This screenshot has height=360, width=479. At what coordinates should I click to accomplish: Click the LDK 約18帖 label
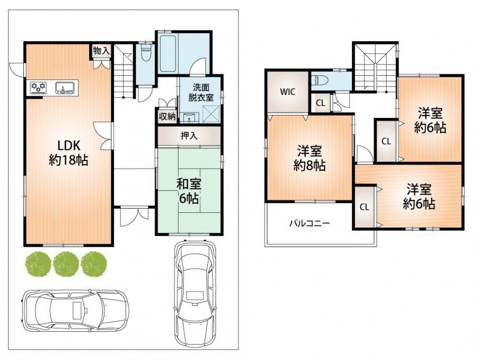tap(69, 153)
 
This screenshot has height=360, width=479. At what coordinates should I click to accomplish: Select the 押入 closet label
tap(189, 135)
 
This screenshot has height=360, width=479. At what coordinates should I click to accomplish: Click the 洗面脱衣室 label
tap(201, 92)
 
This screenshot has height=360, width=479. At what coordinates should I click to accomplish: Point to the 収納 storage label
tap(167, 116)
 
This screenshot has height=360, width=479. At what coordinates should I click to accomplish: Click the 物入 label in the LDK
tap(101, 51)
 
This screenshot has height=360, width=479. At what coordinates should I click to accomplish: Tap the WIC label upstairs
tap(288, 92)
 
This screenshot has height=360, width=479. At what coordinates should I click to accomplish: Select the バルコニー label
tap(309, 223)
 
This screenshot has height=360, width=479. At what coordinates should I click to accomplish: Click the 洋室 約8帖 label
tap(309, 158)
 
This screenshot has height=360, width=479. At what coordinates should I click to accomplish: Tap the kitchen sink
tap(65, 87)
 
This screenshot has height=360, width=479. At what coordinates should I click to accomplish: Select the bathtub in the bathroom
tap(167, 53)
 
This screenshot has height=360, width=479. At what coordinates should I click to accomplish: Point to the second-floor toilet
tap(320, 81)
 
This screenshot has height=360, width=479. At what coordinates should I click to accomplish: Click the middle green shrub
tap(66, 264)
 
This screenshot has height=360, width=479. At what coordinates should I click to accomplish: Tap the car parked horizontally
tap(75, 310)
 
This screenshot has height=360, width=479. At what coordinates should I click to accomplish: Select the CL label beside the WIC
tap(321, 103)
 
